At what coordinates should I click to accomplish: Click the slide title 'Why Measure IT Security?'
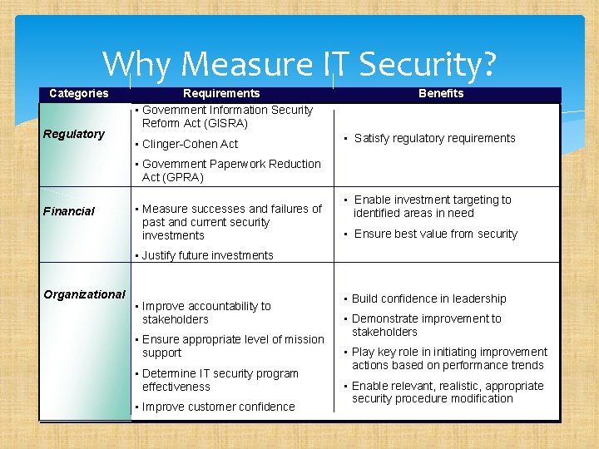point(299,64)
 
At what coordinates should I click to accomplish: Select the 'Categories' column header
point(78,93)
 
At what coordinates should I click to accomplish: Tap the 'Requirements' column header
point(221,93)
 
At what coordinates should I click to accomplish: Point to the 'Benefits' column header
point(441,93)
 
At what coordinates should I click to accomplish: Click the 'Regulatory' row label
point(74,134)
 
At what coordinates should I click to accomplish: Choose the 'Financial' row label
point(69,211)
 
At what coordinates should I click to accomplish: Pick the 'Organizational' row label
point(84,294)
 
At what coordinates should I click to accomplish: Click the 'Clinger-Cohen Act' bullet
point(190,144)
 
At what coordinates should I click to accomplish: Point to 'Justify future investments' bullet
point(207,255)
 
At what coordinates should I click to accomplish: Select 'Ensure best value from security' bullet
point(435,234)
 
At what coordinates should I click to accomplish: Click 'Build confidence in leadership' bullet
point(428,299)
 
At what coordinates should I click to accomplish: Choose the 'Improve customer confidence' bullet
point(218,407)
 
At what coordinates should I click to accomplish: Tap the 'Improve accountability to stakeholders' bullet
point(206,313)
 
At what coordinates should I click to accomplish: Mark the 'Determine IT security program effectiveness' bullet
point(220,380)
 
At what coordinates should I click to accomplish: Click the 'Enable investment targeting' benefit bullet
point(432,206)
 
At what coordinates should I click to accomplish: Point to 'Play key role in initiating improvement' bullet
point(449,358)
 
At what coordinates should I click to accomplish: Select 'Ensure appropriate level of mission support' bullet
point(233,346)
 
